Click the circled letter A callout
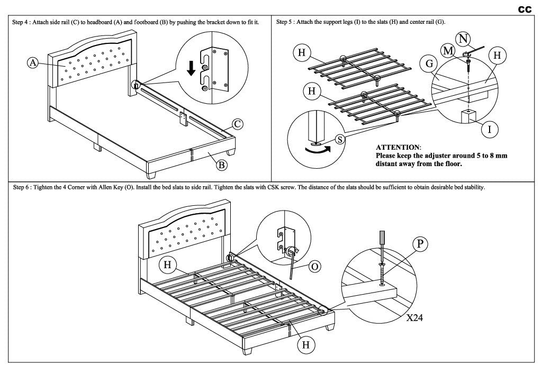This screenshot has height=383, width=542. click(33, 63)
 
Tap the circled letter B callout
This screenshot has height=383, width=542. click(222, 165)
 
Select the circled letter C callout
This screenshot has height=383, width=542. click(238, 124)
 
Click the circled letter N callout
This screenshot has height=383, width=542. click(464, 38)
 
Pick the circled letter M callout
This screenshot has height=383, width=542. click(448, 50)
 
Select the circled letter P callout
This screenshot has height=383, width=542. click(420, 243)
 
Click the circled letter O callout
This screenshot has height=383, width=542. click(314, 266)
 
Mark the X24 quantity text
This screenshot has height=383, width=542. click(417, 318)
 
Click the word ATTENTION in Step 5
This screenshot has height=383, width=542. click(398, 147)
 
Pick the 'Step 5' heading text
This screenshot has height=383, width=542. click(286, 23)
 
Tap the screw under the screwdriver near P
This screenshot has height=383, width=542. click(382, 275)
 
